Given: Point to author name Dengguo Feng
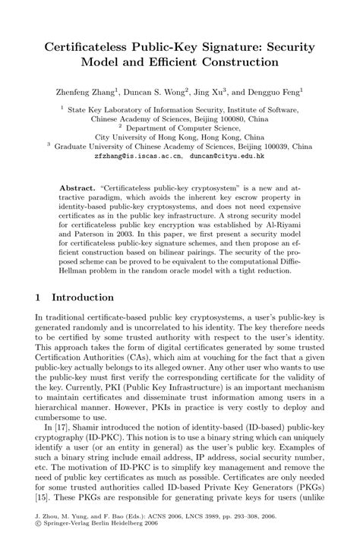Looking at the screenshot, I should (x=292, y=92).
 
